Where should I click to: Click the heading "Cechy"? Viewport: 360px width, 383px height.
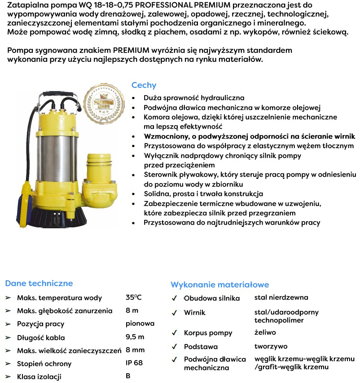coord(144,85)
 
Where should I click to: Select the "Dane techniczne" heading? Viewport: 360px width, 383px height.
coord(39,283)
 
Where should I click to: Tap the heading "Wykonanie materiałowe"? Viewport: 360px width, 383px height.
coord(220,284)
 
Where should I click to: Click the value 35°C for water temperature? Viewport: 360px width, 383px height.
coord(134,297)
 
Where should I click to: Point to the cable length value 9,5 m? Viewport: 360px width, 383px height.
coord(135,337)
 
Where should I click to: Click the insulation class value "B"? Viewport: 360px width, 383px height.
coord(128,376)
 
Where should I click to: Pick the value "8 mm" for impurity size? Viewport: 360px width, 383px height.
coord(135,350)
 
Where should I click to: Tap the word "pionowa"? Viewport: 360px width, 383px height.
coord(140,323)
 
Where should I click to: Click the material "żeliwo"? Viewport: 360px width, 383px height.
coord(265,332)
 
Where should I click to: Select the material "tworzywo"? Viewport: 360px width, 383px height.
coord(271,346)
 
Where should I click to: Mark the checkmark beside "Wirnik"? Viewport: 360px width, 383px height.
coord(174,313)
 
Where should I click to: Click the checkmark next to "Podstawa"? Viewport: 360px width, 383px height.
coord(174,347)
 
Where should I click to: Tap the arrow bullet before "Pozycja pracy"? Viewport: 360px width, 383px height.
coord(8,324)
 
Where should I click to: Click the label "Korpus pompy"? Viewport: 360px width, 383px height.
coord(208,333)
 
